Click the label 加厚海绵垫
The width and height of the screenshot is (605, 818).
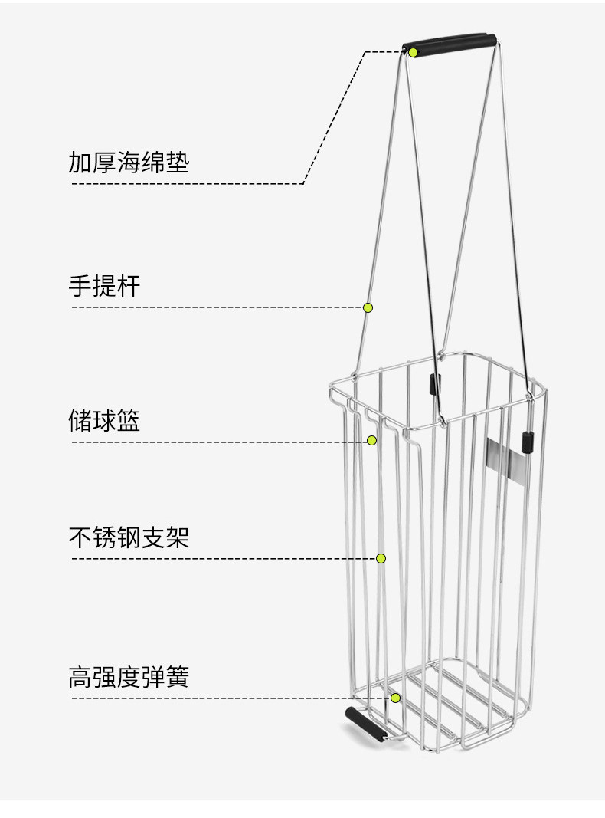tap(129, 163)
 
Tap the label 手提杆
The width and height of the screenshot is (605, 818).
tap(104, 286)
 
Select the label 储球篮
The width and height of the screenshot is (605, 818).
tap(104, 420)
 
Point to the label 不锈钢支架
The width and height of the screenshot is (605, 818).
tap(129, 537)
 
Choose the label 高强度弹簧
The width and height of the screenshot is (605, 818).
tap(129, 677)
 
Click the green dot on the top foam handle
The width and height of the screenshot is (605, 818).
tap(413, 52)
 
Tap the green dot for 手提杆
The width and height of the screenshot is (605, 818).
tap(368, 307)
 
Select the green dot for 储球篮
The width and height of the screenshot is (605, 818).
tap(371, 441)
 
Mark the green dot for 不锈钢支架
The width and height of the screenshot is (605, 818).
tap(381, 559)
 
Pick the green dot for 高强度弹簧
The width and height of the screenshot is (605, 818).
tap(395, 698)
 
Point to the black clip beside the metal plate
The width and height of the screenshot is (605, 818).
tap(528, 442)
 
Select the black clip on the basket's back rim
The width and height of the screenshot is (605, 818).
tap(434, 384)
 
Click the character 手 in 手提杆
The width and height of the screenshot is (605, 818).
tap(80, 286)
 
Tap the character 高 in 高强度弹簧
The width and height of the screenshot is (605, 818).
tap(80, 677)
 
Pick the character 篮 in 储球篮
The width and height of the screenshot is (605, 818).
tap(129, 420)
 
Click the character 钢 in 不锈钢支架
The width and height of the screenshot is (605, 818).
tap(129, 537)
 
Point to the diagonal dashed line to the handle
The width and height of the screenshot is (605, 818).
tap(334, 117)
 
